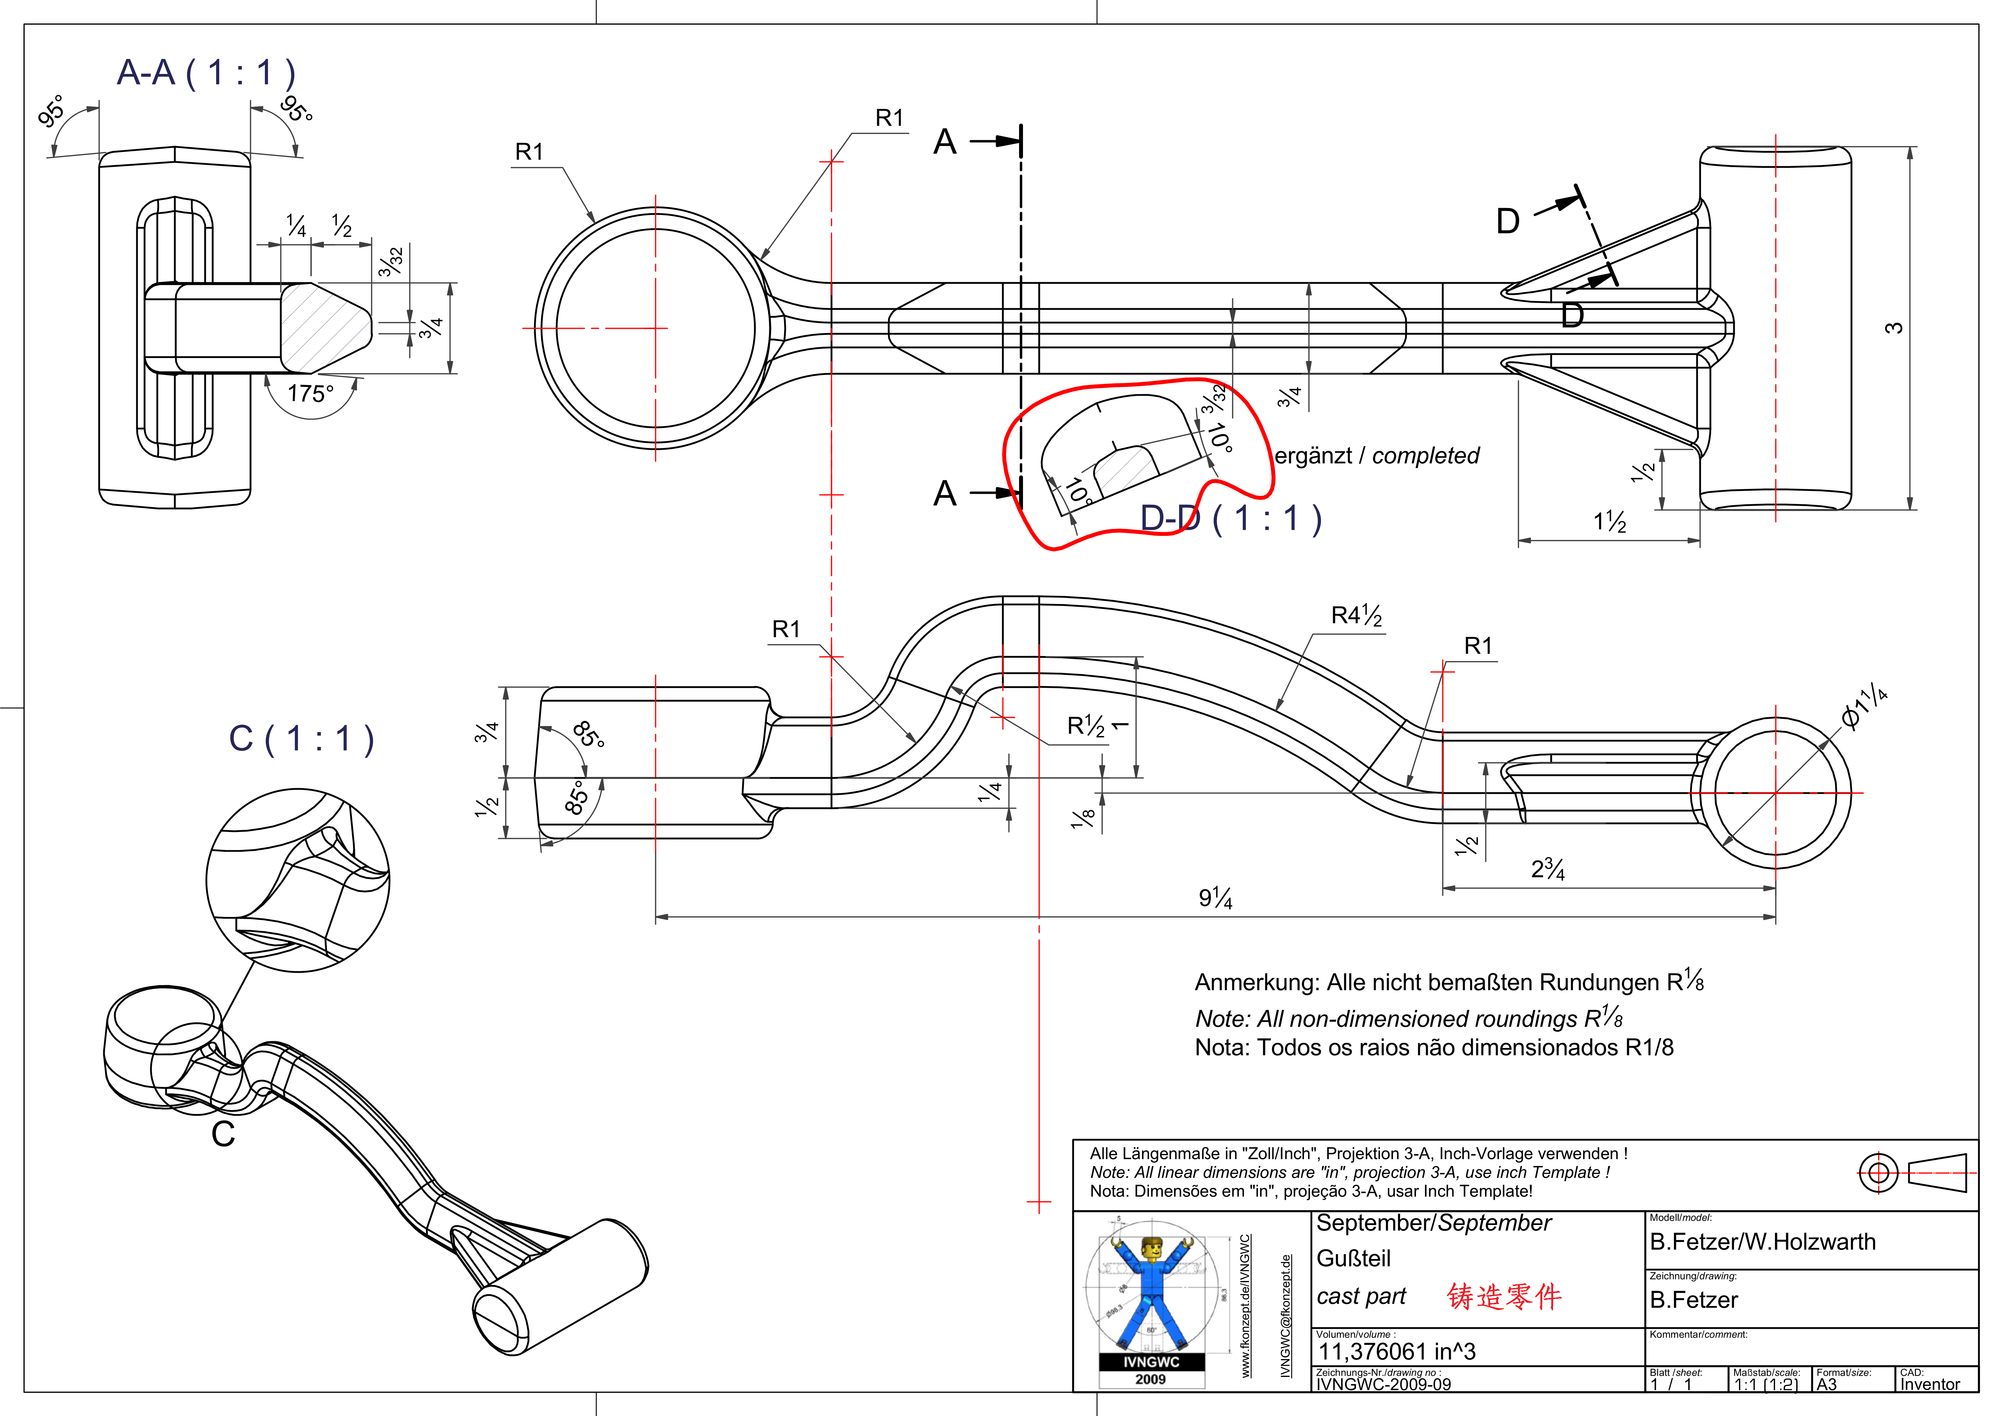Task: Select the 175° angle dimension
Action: pyautogui.click(x=310, y=394)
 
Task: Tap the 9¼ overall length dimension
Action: pyautogui.click(x=1215, y=898)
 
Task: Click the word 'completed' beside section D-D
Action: pyautogui.click(x=1425, y=455)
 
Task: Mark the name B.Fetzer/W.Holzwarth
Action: pyautogui.click(x=1762, y=1242)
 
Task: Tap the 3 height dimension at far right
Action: pyautogui.click(x=1893, y=328)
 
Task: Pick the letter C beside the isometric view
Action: pyautogui.click(x=223, y=1134)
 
